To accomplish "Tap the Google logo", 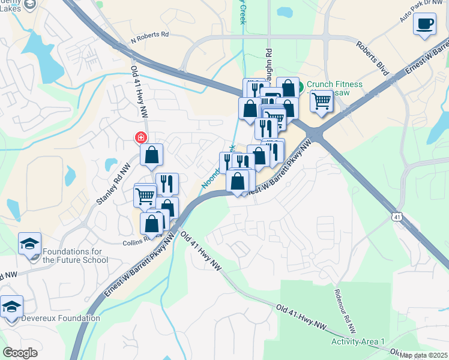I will pos(20,352).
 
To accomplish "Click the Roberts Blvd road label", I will pos(372,59).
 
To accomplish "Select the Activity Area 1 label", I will pos(358,341).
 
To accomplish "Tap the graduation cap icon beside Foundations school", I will pos(29,244).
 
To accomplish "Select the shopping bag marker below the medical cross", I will pos(152,155).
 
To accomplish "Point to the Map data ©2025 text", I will pos(424,355).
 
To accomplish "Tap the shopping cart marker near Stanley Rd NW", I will pos(145,195).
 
